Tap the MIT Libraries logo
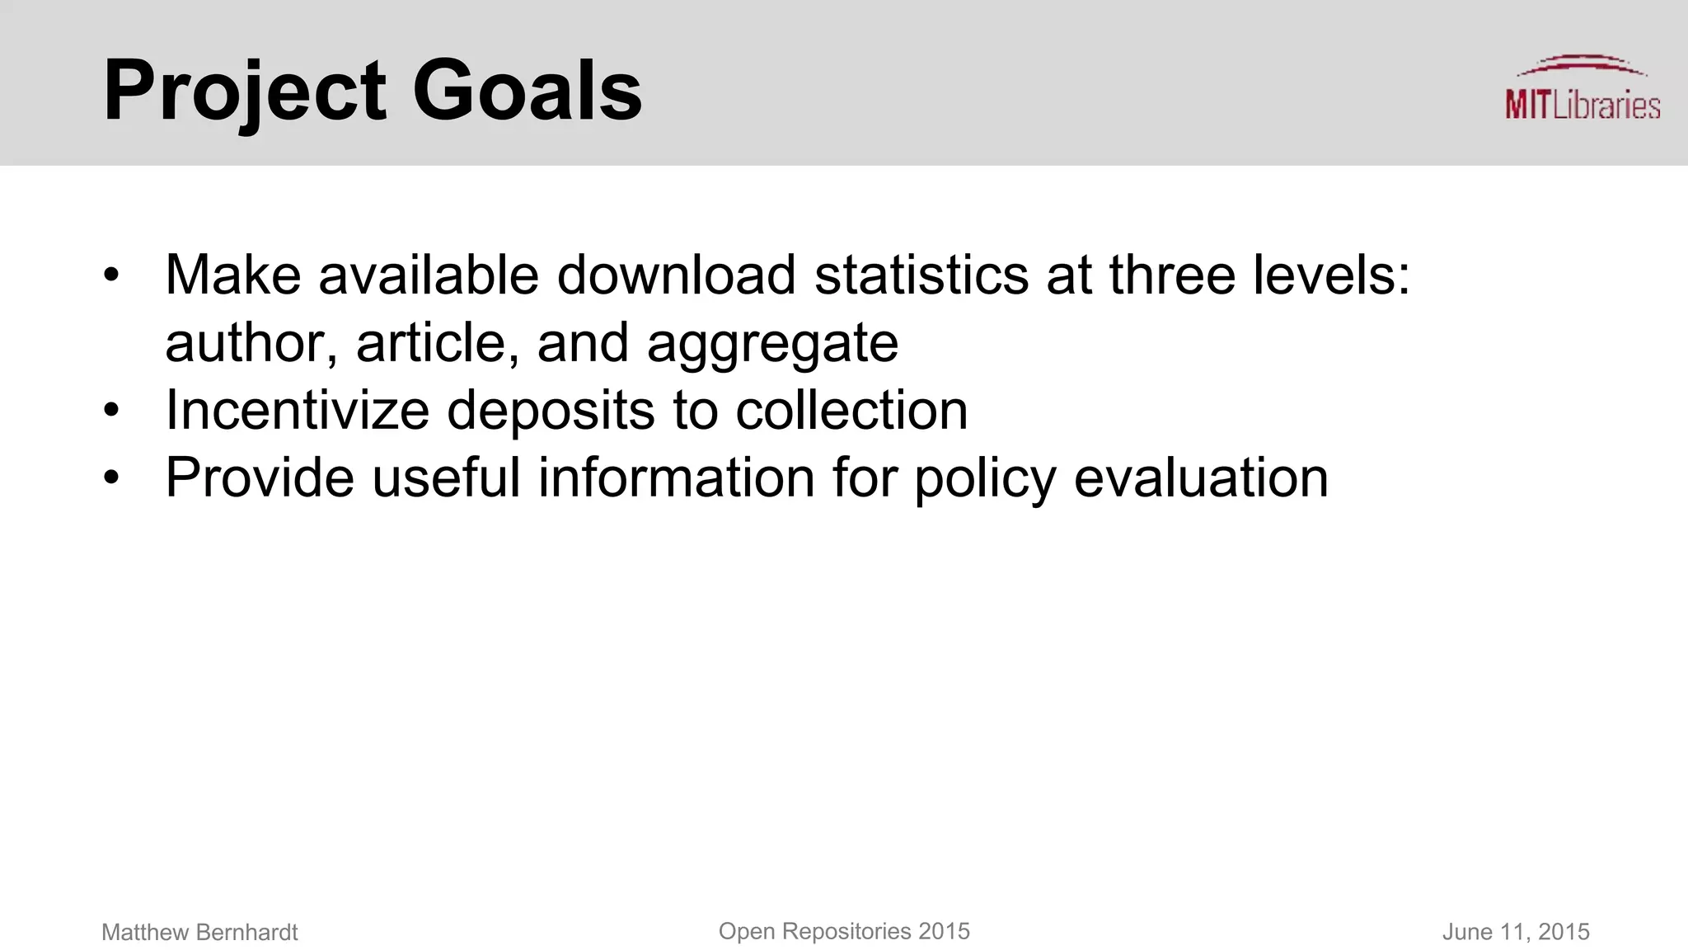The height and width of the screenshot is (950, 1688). point(1582,89)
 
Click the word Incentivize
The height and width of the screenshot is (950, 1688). point(297,410)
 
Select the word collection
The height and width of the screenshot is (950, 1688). point(851,410)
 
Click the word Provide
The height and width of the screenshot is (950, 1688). point(260,477)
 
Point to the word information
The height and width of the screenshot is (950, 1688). point(676,477)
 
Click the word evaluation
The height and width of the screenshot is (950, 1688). point(1201,477)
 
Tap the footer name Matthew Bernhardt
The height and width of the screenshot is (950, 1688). point(199,933)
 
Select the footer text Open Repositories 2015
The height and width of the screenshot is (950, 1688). point(844,932)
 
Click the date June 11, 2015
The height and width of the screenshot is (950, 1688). point(1515,933)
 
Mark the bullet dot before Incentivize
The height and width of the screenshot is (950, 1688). point(112,410)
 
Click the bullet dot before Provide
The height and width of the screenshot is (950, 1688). point(112,477)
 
